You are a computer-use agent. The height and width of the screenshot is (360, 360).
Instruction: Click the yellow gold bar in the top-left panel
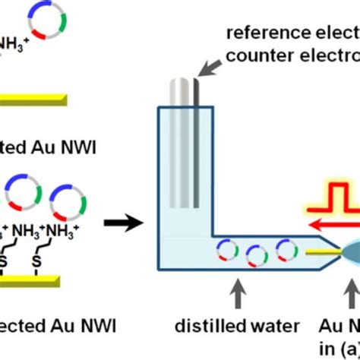(34, 99)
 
